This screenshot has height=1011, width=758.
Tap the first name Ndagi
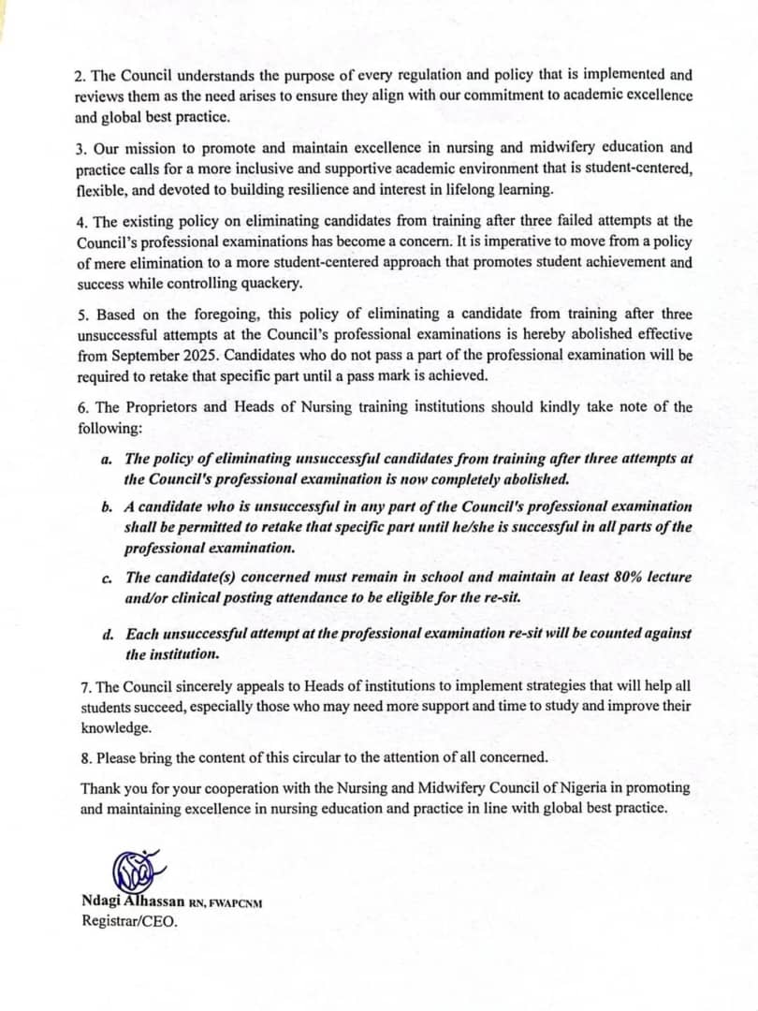[x=103, y=902]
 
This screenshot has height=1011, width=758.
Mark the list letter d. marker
[x=108, y=635]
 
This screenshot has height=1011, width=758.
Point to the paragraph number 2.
[x=80, y=75]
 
